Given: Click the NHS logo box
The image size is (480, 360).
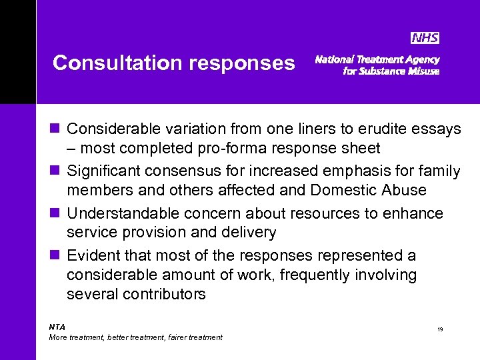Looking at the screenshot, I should coord(424,38).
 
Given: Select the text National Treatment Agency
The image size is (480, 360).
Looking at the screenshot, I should coord(377,59).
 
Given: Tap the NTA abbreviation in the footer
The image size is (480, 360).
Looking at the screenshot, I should coord(57,327).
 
